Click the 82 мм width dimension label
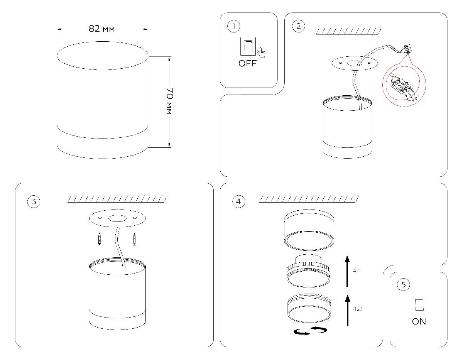pos(101,29)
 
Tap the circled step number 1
pos(233,27)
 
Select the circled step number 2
pos(298,27)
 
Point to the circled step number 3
pos(34,201)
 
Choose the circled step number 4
pos(238,201)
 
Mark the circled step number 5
pos(404,285)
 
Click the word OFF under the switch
pos(247,64)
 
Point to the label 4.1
pos(357,271)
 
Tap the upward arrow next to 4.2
pos(347,310)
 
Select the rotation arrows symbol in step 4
pos(310,331)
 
